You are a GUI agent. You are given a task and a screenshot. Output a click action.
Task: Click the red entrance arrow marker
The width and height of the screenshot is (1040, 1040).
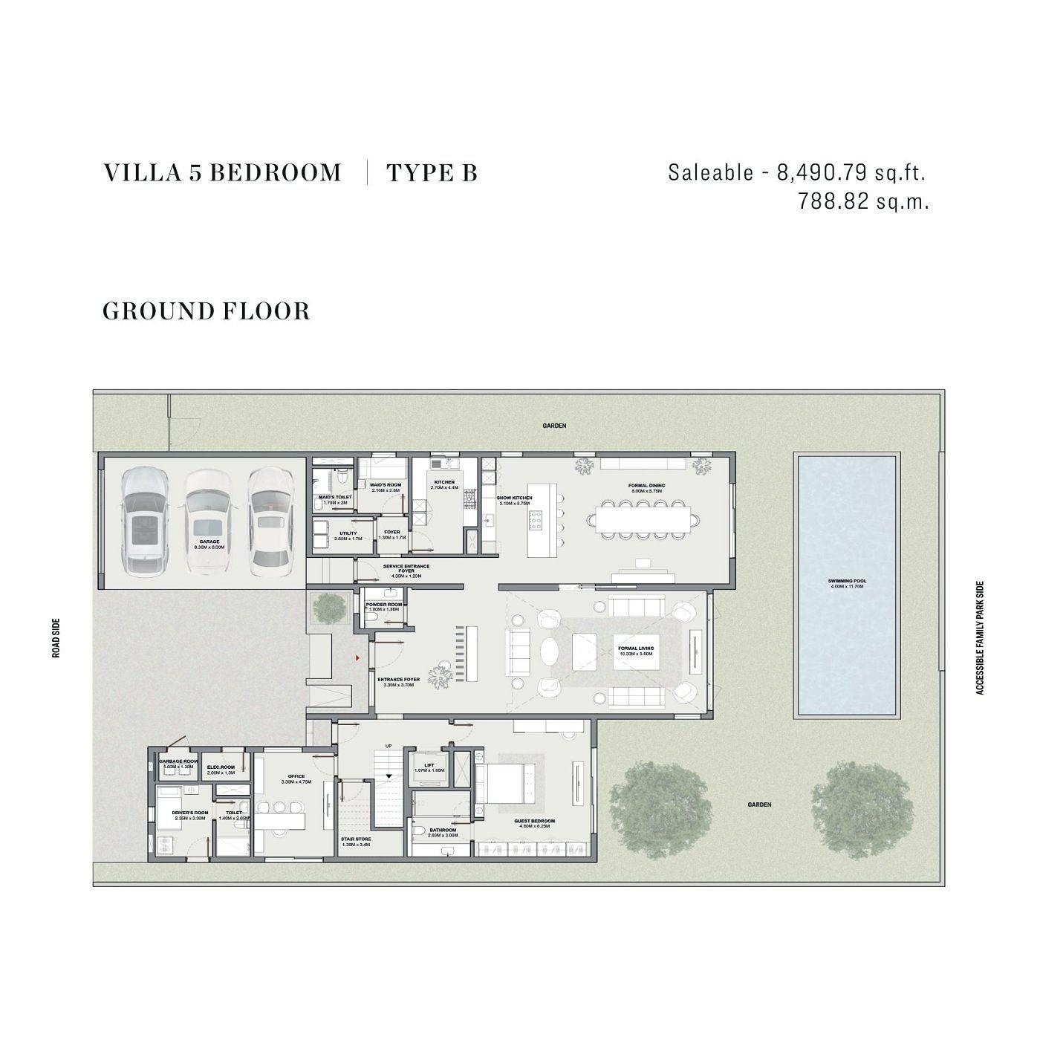(357, 658)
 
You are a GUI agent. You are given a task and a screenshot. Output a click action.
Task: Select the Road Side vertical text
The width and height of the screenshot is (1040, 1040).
(56, 639)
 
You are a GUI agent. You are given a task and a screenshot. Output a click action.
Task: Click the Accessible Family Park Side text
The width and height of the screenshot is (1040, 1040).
(979, 638)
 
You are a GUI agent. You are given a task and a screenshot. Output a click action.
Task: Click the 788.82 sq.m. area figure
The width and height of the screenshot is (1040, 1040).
(863, 201)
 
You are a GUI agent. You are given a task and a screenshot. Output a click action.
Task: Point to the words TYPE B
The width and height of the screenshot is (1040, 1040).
(432, 173)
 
